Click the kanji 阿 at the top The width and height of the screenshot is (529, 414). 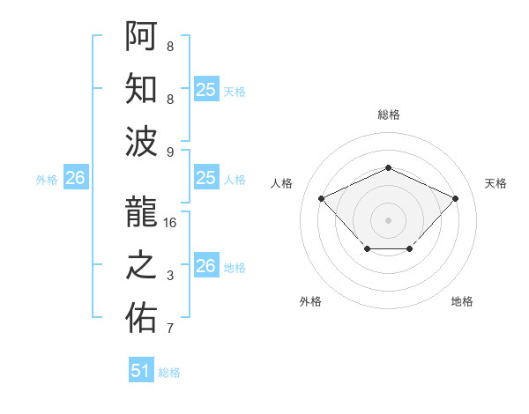point(141,36)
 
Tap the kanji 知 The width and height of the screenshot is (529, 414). point(141,89)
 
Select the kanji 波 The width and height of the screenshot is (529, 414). point(141,141)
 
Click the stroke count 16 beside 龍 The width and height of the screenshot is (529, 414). point(170,223)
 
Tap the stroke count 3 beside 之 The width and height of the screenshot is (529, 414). point(170,276)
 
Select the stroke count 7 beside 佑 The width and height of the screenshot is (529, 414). point(170,329)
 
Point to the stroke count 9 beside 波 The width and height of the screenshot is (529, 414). point(170,152)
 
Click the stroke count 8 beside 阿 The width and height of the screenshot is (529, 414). point(170,46)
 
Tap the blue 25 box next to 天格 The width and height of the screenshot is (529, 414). point(206,89)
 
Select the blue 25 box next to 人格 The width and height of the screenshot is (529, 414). point(206,178)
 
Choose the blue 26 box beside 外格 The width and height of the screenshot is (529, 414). point(76,178)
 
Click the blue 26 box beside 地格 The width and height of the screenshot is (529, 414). point(206,266)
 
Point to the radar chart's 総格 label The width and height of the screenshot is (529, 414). point(388,115)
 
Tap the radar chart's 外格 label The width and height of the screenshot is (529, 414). point(310,301)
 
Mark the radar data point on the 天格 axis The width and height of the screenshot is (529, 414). point(455,198)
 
